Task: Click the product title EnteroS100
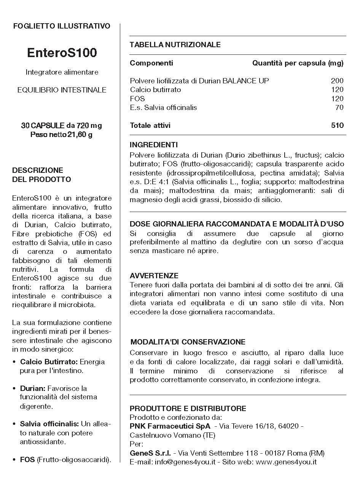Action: (62, 53)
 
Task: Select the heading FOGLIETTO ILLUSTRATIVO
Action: (62, 26)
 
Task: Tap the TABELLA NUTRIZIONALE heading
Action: (175, 45)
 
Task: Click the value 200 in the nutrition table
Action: (337, 81)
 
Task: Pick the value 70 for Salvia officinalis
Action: (339, 107)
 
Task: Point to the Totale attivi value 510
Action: (337, 125)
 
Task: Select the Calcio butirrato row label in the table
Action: (155, 89)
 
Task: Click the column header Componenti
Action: (151, 63)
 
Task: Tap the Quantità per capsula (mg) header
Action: (298, 63)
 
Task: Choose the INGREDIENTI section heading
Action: (154, 145)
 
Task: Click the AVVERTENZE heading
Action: (154, 276)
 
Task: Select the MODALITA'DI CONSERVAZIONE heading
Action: (188, 342)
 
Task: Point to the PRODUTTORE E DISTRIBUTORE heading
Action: (188, 408)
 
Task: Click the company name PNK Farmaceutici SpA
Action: (170, 426)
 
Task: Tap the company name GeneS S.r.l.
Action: (150, 453)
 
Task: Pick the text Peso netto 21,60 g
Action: (62, 134)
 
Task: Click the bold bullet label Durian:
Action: (33, 388)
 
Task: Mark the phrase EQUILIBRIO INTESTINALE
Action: (62, 90)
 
